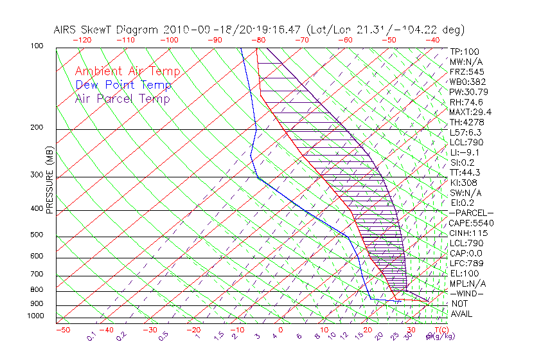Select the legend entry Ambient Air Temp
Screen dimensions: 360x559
coord(127,71)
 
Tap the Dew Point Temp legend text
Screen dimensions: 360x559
coord(123,85)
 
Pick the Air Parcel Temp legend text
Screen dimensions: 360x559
coord(122,98)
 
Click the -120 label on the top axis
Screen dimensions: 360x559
coord(82,39)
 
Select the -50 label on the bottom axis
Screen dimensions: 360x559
coord(62,330)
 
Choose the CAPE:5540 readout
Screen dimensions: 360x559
coord(471,223)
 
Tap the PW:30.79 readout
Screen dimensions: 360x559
coord(468,92)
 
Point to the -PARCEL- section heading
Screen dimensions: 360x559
coord(471,213)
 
